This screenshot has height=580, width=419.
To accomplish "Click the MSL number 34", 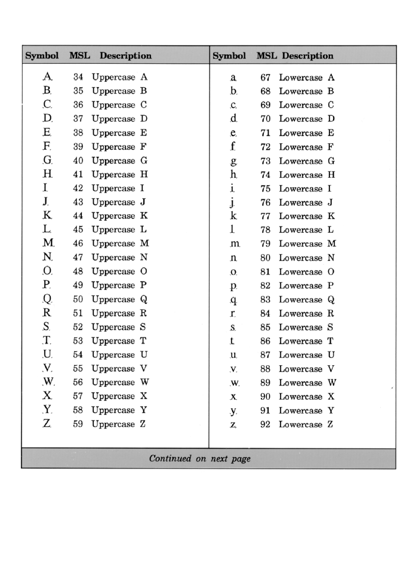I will pyautogui.click(x=78, y=78).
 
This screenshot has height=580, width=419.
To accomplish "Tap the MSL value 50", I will pyautogui.click(x=78, y=300).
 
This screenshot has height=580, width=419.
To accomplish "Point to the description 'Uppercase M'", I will pyautogui.click(x=121, y=243).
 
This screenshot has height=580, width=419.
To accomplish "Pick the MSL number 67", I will pyautogui.click(x=266, y=78).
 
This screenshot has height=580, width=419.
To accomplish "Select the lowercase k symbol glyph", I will pyautogui.click(x=234, y=216).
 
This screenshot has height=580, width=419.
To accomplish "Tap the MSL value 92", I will pyautogui.click(x=266, y=424).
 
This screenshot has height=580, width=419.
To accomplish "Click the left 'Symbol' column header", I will pyautogui.click(x=41, y=55).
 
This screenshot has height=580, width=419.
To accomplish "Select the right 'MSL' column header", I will pyautogui.click(x=267, y=55).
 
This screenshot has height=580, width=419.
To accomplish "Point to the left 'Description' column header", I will pyautogui.click(x=126, y=55).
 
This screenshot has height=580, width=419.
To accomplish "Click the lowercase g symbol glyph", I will pyautogui.click(x=234, y=161).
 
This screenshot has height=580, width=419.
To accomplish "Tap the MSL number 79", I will pyautogui.click(x=266, y=243).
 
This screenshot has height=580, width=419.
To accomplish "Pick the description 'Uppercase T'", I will pyautogui.click(x=120, y=341).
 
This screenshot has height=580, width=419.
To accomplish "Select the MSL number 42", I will pyautogui.click(x=78, y=189).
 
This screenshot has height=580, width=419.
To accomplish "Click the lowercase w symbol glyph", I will pyautogui.click(x=234, y=383).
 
